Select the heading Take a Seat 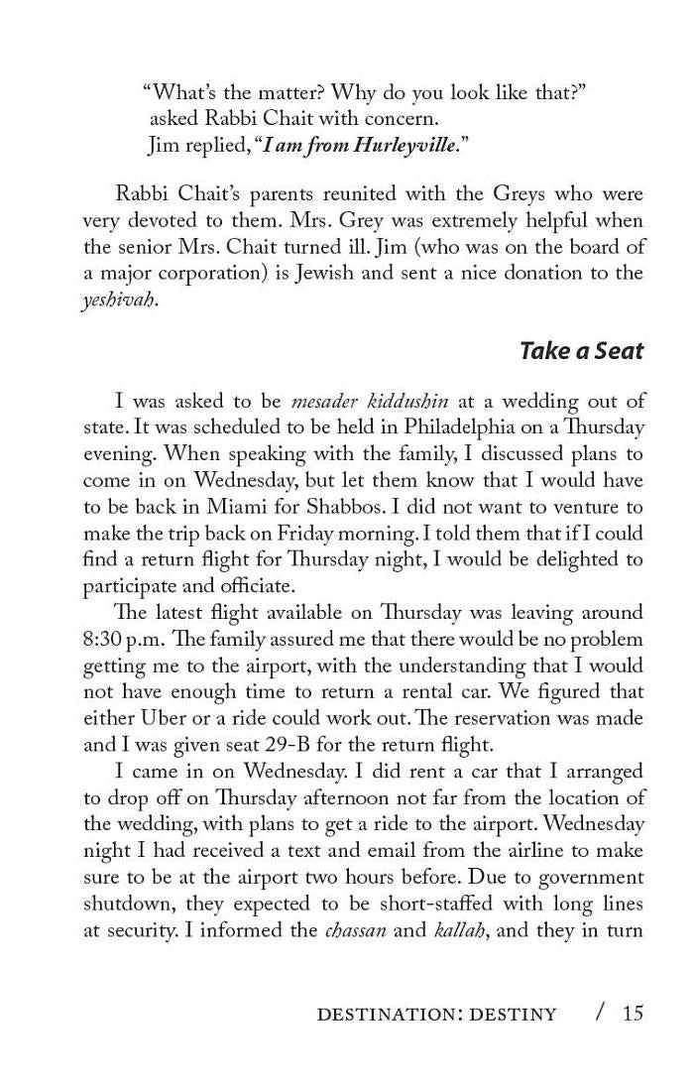click(581, 350)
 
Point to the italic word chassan click(356, 930)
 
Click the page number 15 click(633, 1013)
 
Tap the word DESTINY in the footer click(513, 1014)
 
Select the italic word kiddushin click(398, 401)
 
